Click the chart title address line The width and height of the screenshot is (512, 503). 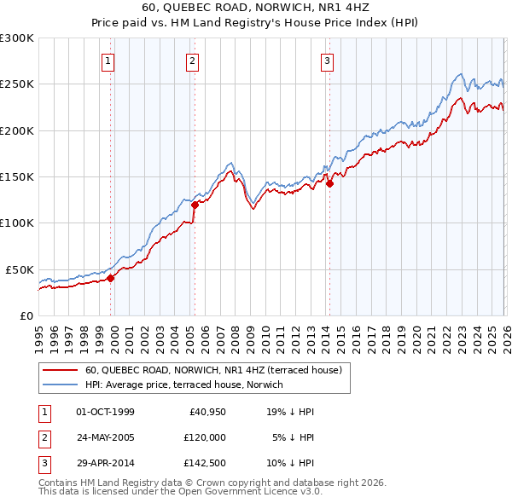coord(255,9)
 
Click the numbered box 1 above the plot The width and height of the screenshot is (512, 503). coord(110,61)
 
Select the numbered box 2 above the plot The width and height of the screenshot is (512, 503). coord(193,61)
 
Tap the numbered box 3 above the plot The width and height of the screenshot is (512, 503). coord(327,61)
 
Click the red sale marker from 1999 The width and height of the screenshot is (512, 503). coord(110,277)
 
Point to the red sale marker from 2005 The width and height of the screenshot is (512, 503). coord(195,205)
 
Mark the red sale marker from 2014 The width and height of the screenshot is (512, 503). coord(329,183)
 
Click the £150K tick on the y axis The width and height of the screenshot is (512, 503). coord(17,176)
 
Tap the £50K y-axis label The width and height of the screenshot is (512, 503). coord(20,269)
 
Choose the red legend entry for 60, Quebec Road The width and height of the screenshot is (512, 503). coord(213,370)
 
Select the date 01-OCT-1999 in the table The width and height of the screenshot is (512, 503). coord(105,412)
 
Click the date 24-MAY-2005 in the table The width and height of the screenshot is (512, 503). coord(105,437)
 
